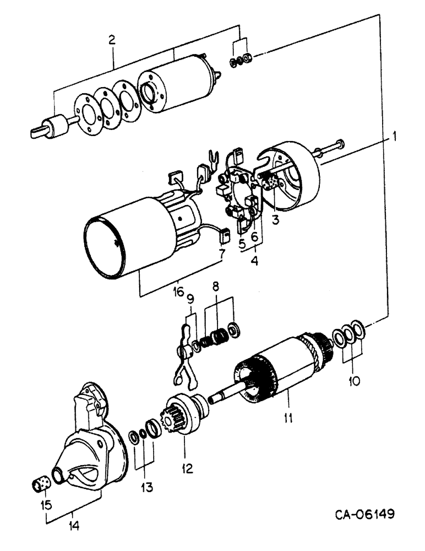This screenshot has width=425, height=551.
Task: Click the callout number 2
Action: (x=112, y=40)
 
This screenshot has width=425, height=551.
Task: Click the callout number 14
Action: (x=73, y=526)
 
